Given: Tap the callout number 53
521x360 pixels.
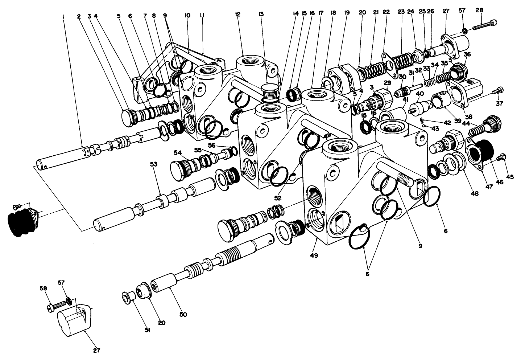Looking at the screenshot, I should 154,164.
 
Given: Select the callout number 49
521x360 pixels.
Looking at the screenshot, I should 314,255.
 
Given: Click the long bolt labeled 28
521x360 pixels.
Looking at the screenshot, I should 484,25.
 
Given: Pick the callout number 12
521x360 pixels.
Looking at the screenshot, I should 238,14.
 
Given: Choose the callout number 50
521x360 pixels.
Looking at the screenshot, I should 183,314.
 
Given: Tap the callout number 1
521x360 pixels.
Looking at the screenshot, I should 63,16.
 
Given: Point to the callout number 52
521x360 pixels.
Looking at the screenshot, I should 278,198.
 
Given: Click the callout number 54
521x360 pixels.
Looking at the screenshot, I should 178,153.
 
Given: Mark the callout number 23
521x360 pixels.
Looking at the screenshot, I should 401,12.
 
